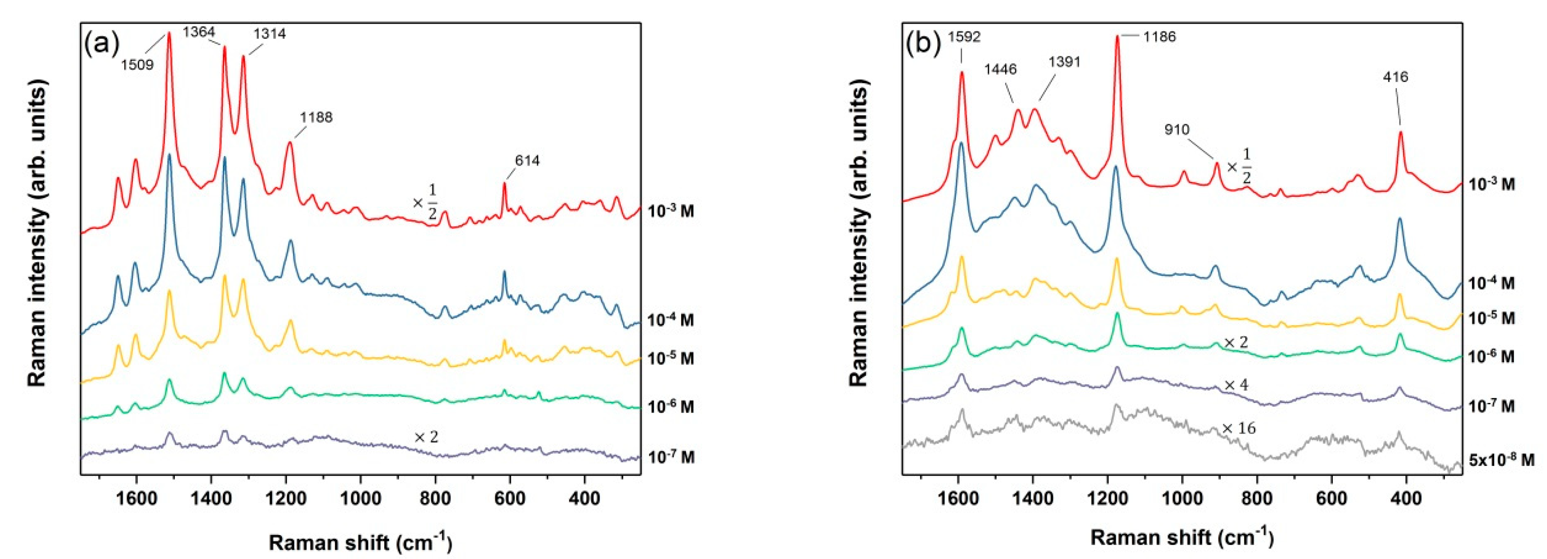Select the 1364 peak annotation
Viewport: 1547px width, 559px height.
pyautogui.click(x=199, y=32)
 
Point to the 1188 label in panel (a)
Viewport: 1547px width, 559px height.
pyautogui.click(x=316, y=117)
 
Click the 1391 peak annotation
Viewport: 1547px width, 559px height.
pyautogui.click(x=1064, y=62)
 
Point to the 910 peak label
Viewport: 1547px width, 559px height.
pyautogui.click(x=1176, y=130)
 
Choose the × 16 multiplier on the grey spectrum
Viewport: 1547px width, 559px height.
pyautogui.click(x=1238, y=429)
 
